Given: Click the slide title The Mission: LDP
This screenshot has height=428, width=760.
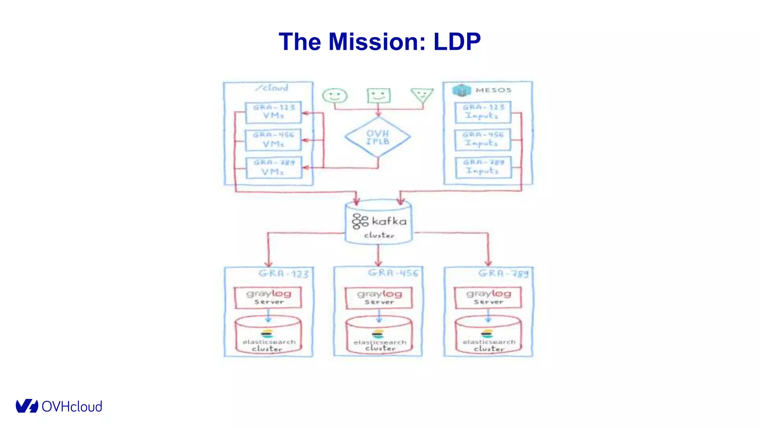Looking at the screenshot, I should click(380, 41).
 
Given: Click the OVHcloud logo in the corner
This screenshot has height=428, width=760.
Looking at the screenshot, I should click(59, 406).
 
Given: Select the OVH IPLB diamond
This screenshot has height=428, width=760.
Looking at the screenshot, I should click(378, 137).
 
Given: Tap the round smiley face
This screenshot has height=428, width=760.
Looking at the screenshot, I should click(335, 95).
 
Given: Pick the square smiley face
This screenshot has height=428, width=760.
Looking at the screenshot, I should click(379, 95).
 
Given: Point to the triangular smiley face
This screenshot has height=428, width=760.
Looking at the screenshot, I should click(422, 95).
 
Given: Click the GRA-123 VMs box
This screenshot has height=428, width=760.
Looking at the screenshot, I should click(273, 112).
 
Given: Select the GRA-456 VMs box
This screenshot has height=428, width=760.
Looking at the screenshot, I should click(273, 140).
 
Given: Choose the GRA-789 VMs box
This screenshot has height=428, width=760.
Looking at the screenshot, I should click(273, 168).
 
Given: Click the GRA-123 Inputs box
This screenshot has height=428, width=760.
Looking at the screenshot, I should click(483, 112).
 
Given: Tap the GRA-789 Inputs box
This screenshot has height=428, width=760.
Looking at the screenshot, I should click(483, 167).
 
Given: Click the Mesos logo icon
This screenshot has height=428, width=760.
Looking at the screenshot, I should click(461, 90).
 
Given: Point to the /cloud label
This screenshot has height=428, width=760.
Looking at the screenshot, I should click(272, 88).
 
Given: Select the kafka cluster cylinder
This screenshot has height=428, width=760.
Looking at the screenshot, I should click(379, 223).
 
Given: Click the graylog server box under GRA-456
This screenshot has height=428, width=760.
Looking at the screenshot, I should click(379, 298).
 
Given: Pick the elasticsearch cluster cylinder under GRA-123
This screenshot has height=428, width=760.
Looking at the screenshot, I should click(268, 335).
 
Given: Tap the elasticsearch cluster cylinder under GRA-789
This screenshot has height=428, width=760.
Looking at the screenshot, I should click(488, 335).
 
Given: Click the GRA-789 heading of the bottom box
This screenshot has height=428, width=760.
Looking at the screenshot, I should click(503, 273).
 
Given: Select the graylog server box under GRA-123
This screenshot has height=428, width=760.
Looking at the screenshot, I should click(268, 297).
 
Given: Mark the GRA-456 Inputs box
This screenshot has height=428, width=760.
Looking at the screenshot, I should click(483, 140).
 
